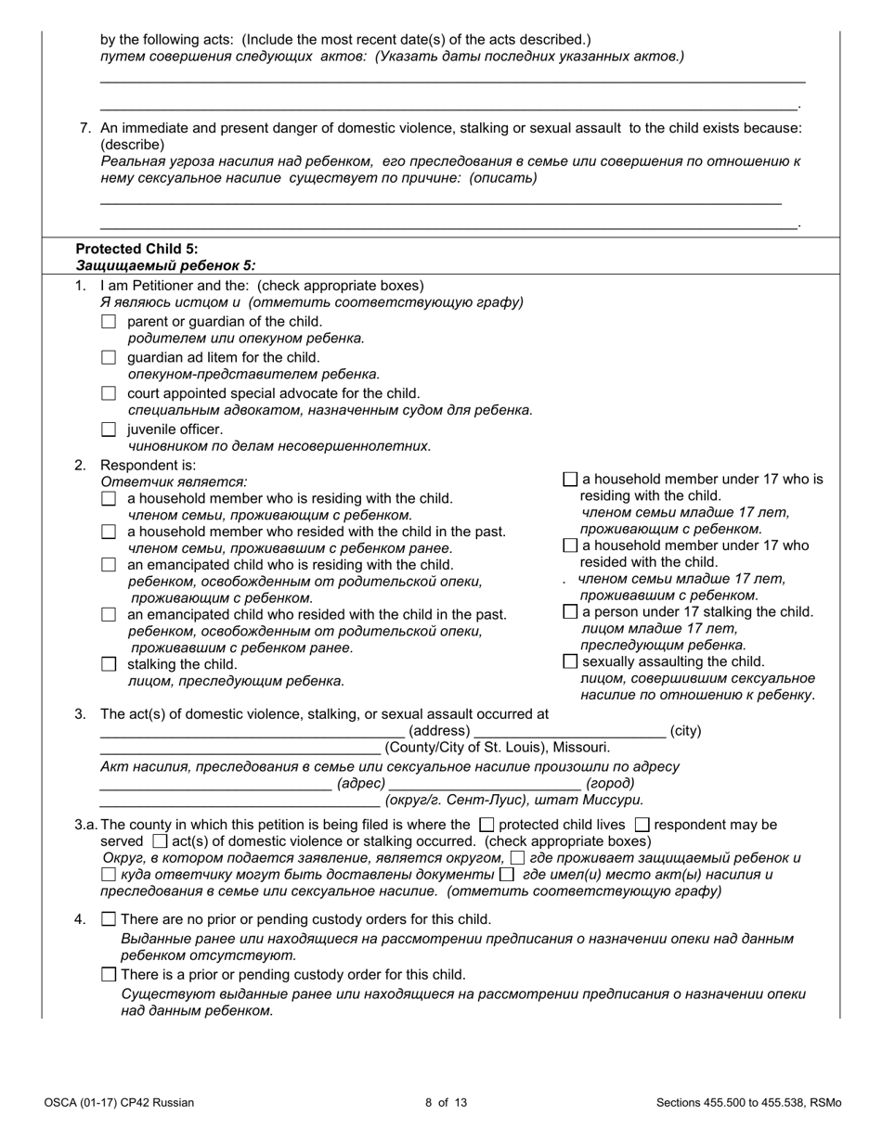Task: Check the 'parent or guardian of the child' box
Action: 109,322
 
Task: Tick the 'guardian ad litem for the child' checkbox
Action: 109,358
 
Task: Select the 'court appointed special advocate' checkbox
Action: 109,393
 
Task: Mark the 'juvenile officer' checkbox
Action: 109,429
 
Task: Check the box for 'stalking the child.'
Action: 109,664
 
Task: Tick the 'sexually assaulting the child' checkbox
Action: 570,661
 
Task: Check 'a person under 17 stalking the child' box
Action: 570,612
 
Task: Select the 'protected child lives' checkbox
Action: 486,824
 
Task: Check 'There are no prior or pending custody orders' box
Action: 109,919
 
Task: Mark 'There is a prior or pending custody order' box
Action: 109,975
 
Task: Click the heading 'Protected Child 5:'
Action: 136,249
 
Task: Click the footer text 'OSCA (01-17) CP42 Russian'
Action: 119,1103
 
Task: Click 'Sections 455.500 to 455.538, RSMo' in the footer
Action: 748,1103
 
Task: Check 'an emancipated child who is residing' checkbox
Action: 109,565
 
